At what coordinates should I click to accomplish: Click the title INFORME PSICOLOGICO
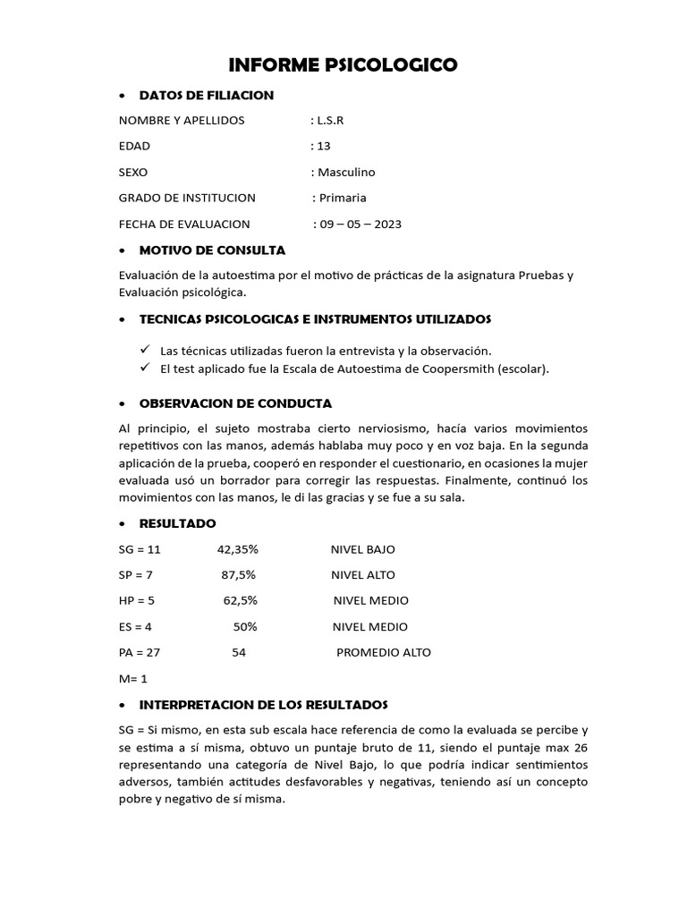click(x=343, y=64)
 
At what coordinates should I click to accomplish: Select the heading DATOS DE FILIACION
click(x=207, y=95)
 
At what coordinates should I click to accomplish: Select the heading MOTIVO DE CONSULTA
click(x=213, y=250)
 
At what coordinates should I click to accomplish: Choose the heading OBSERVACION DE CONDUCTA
click(x=236, y=403)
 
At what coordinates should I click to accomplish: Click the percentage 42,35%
click(x=237, y=549)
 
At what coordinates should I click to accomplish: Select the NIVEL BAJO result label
click(x=362, y=549)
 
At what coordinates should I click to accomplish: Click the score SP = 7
click(x=136, y=575)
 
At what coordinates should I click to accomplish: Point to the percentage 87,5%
click(x=239, y=575)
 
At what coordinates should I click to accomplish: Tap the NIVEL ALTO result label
click(x=362, y=575)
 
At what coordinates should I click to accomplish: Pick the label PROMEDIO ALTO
click(x=383, y=652)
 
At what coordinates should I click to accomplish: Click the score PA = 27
click(x=139, y=652)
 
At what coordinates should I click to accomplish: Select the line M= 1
click(x=132, y=679)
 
